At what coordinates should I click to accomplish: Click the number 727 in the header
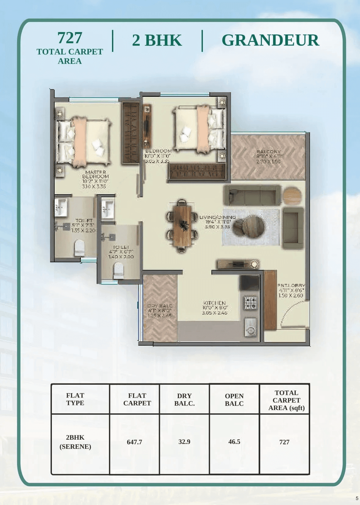70,38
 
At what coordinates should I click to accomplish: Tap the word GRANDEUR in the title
270,40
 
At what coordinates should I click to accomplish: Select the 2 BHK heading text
157,40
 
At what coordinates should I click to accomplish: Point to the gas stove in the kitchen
250,303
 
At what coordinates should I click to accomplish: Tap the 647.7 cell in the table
135,442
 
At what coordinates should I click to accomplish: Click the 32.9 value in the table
184,441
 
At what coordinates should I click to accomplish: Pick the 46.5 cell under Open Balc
234,441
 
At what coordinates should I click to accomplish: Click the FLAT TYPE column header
75,399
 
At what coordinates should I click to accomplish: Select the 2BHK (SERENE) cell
75,442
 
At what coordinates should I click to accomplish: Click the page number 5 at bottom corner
357,498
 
